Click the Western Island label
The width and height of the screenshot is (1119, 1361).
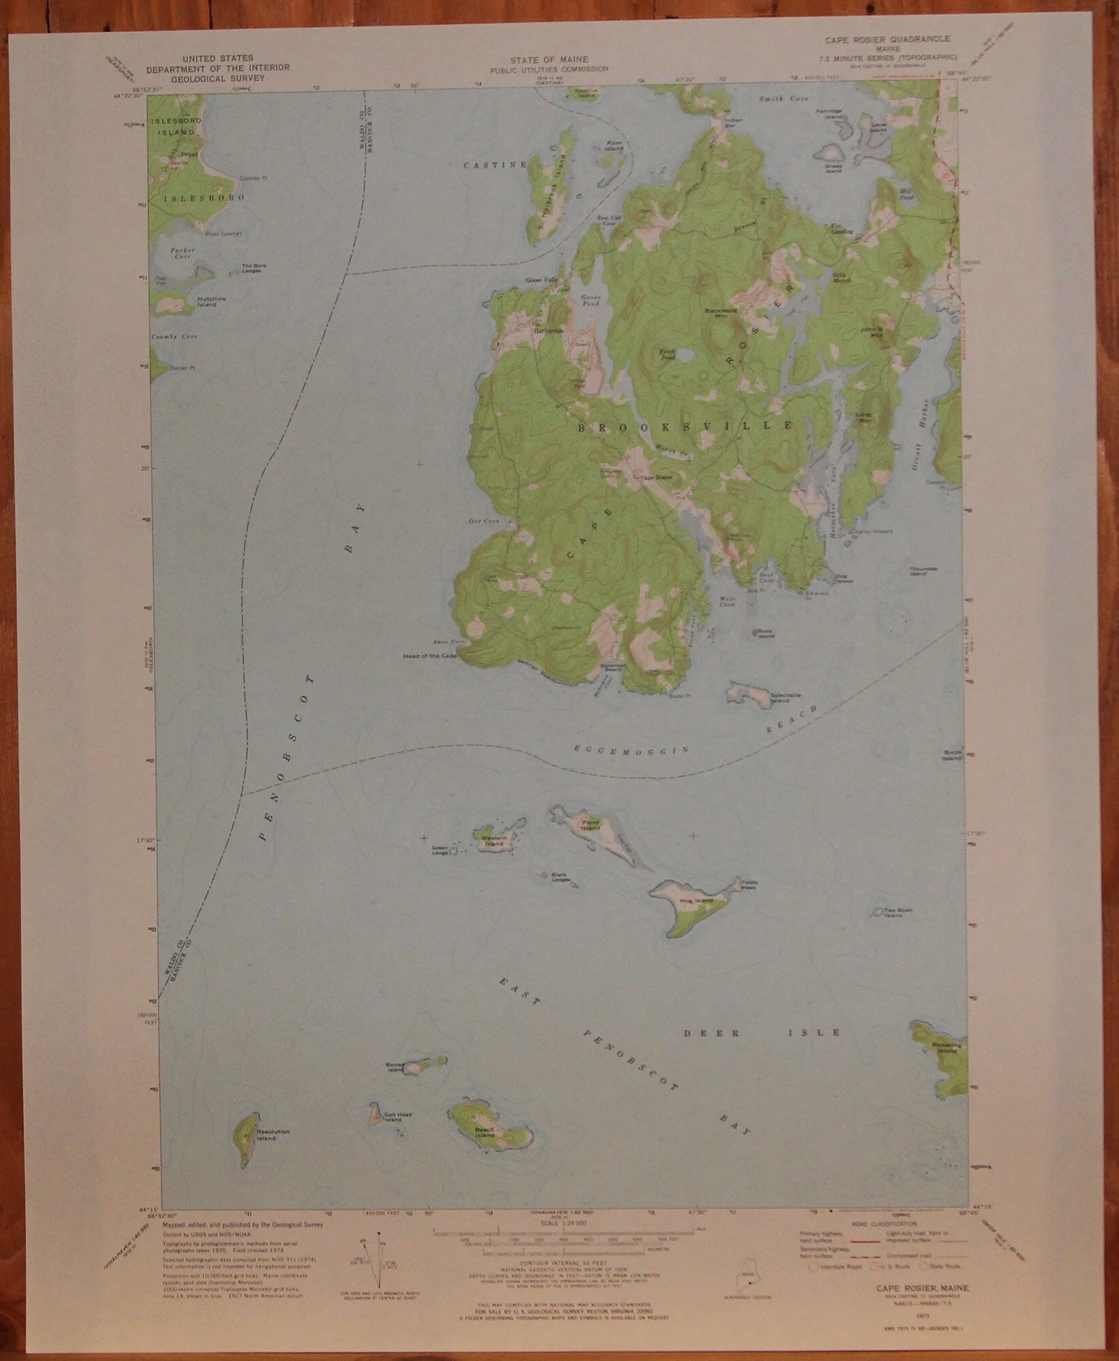(493, 840)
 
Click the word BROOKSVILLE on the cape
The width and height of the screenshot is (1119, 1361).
(685, 427)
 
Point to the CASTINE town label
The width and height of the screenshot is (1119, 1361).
(496, 165)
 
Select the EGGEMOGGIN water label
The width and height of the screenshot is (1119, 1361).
(632, 749)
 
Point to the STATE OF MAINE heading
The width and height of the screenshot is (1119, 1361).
(550, 59)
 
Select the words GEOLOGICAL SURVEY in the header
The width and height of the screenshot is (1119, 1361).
(217, 78)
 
